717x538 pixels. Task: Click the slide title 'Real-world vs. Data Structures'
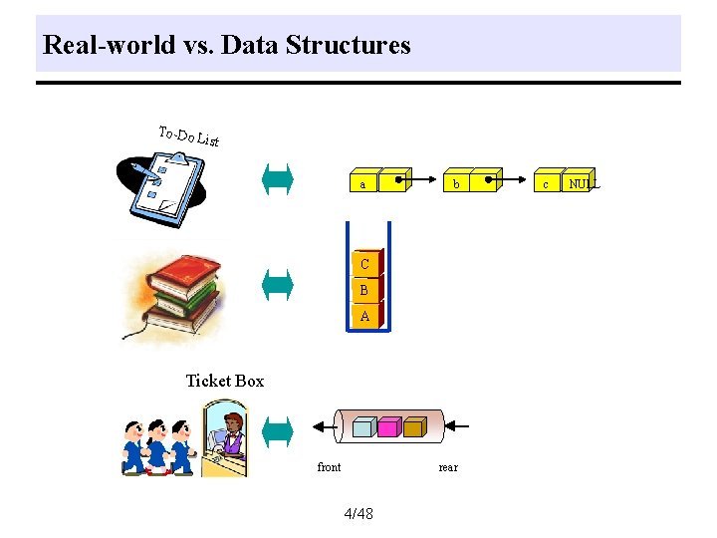(227, 45)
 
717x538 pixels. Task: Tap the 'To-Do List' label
(189, 136)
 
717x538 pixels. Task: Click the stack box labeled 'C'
(364, 264)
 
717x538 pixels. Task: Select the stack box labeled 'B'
(364, 290)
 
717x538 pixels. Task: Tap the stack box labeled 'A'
(364, 315)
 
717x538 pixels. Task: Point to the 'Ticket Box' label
(225, 381)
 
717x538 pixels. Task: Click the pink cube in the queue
(388, 427)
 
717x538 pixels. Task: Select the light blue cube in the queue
(362, 427)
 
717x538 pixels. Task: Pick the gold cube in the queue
(414, 427)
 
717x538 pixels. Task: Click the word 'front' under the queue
(329, 467)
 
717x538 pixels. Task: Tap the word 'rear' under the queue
(448, 467)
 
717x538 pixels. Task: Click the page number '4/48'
(358, 514)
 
